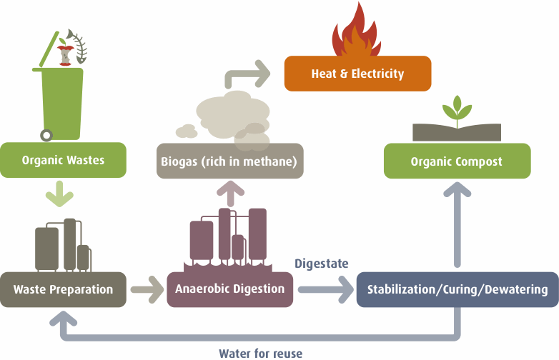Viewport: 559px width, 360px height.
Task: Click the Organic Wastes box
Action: (63, 160)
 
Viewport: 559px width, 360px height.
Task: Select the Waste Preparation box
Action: (63, 289)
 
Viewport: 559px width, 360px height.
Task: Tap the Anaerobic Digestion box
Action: (230, 289)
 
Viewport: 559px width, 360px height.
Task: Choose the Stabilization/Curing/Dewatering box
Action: (457, 289)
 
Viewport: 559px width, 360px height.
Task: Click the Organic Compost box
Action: (457, 161)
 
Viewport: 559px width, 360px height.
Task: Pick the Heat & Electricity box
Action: (357, 74)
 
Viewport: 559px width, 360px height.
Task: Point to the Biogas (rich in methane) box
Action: (230, 161)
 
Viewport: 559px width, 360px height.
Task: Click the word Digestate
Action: (321, 264)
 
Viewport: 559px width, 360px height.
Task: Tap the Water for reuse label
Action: (261, 354)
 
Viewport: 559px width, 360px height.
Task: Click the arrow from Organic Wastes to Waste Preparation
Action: (59, 194)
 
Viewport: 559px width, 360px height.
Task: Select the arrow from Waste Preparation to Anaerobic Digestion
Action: (147, 289)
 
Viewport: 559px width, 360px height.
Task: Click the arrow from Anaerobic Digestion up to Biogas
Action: (230, 194)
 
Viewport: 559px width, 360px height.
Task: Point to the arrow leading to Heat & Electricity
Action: (246, 74)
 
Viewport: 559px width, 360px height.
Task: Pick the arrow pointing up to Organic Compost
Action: (457, 224)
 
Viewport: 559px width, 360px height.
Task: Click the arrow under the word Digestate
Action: (325, 289)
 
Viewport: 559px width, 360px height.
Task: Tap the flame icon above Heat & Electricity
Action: (357, 30)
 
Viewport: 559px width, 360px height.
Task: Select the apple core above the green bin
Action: (65, 53)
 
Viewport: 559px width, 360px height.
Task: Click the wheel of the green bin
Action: (46, 135)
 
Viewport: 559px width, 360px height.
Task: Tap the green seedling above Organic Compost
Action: (457, 111)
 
